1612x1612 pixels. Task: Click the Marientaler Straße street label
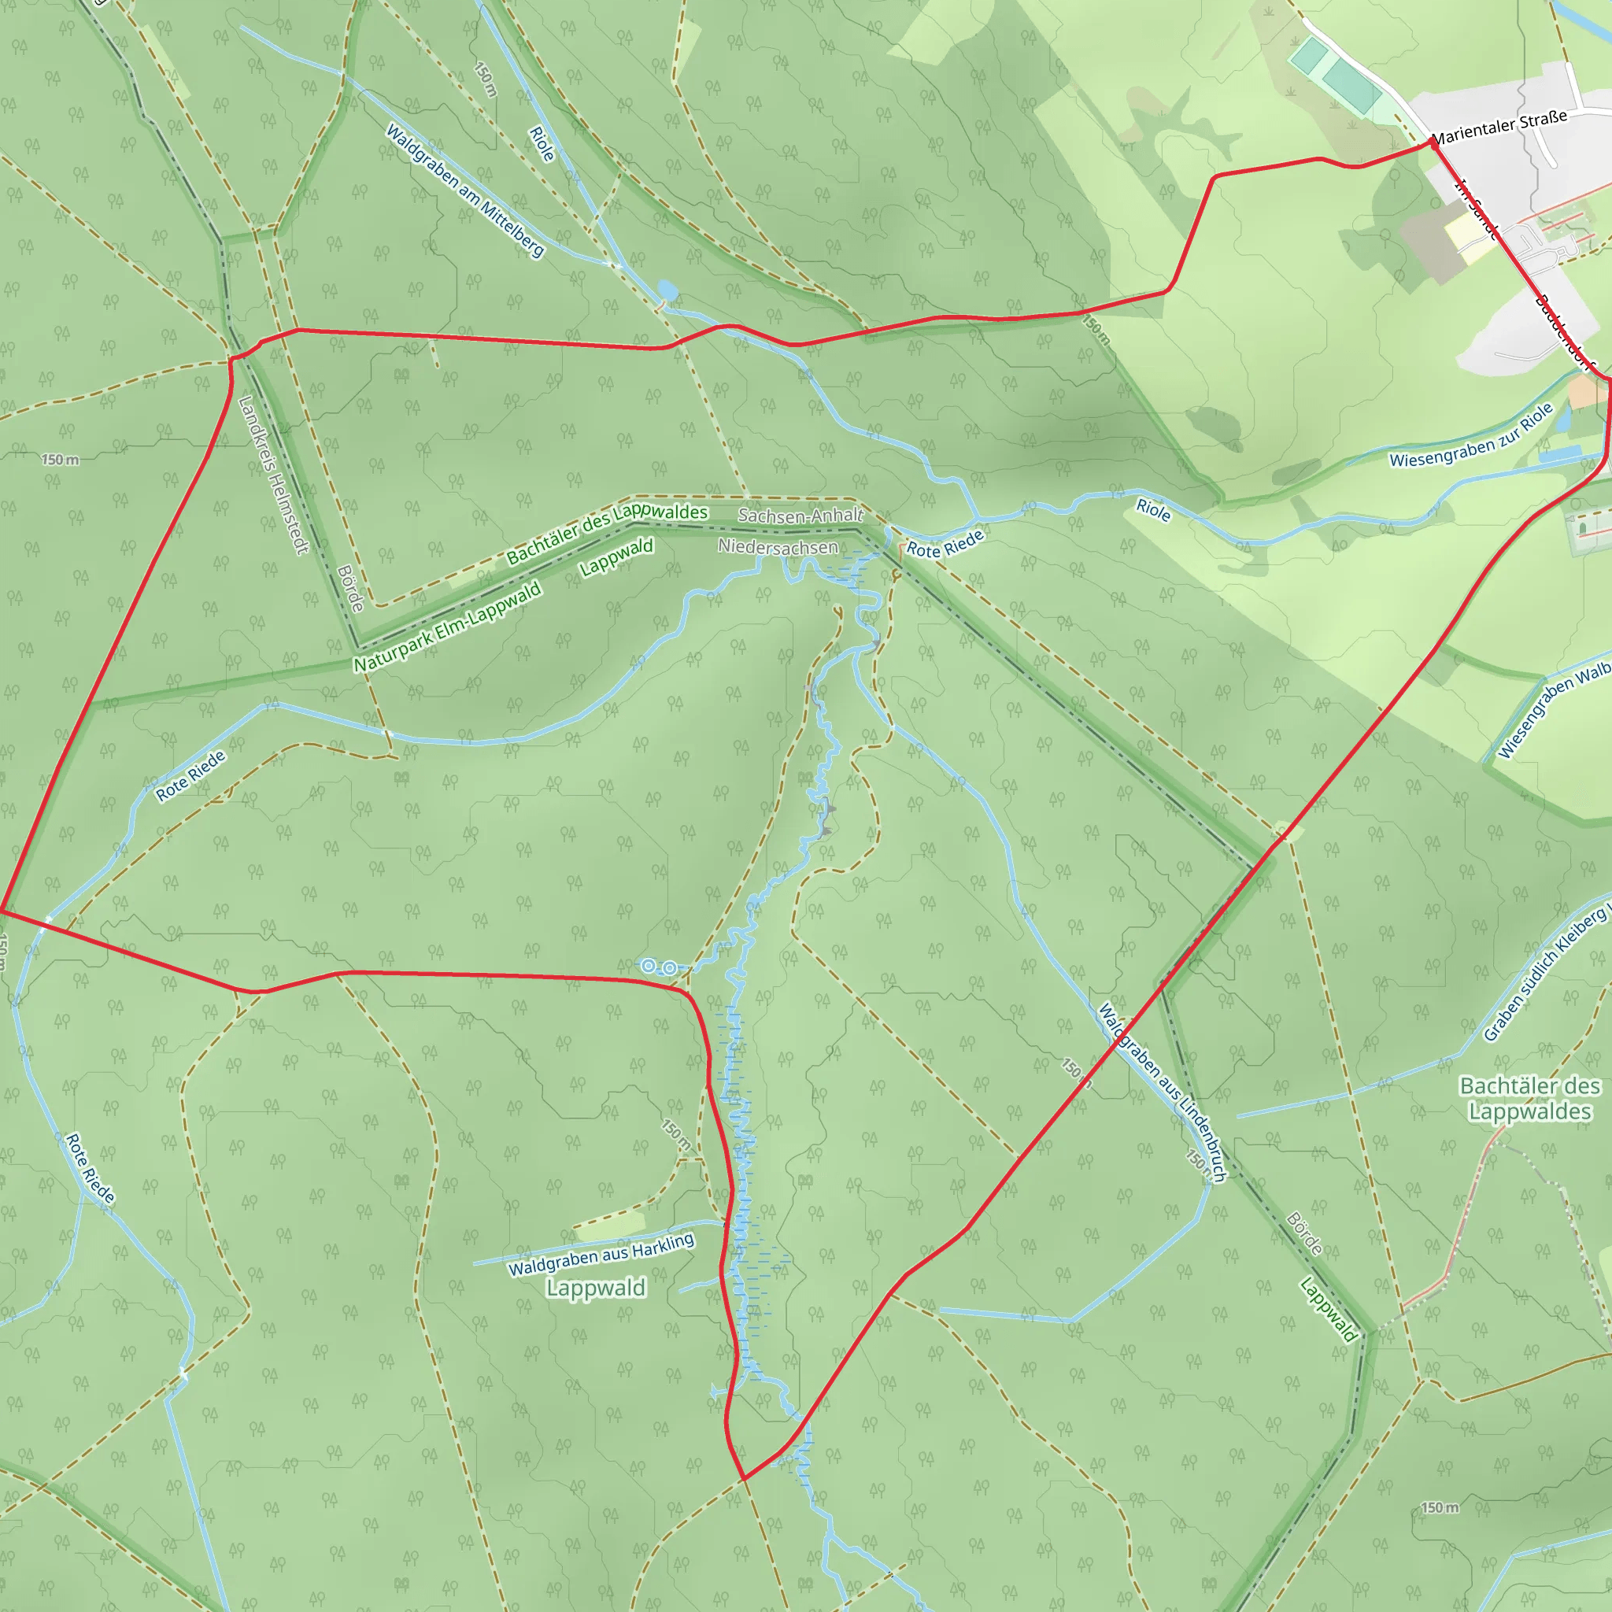pos(1499,126)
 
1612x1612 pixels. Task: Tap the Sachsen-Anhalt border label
pos(800,516)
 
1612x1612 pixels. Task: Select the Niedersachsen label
pos(778,547)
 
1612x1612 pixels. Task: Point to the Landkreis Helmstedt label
pos(273,474)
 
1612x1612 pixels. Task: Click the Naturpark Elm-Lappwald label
pos(447,627)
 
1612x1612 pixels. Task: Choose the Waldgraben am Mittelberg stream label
pos(464,190)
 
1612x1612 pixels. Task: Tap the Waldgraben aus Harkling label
pos(601,1254)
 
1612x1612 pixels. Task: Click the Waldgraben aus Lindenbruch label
pos(1162,1093)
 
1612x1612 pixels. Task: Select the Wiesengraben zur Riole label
pos(1470,435)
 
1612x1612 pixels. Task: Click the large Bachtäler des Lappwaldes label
pos(1529,1099)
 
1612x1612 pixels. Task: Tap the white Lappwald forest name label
pos(596,1288)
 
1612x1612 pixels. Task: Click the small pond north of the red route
pos(667,290)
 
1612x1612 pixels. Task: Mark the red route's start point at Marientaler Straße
pos(1433,142)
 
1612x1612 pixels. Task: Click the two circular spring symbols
pos(658,967)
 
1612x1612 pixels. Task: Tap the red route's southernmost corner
pos(742,1479)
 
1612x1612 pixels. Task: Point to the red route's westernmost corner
pos(2,911)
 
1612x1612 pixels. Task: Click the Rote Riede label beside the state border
pos(945,543)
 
